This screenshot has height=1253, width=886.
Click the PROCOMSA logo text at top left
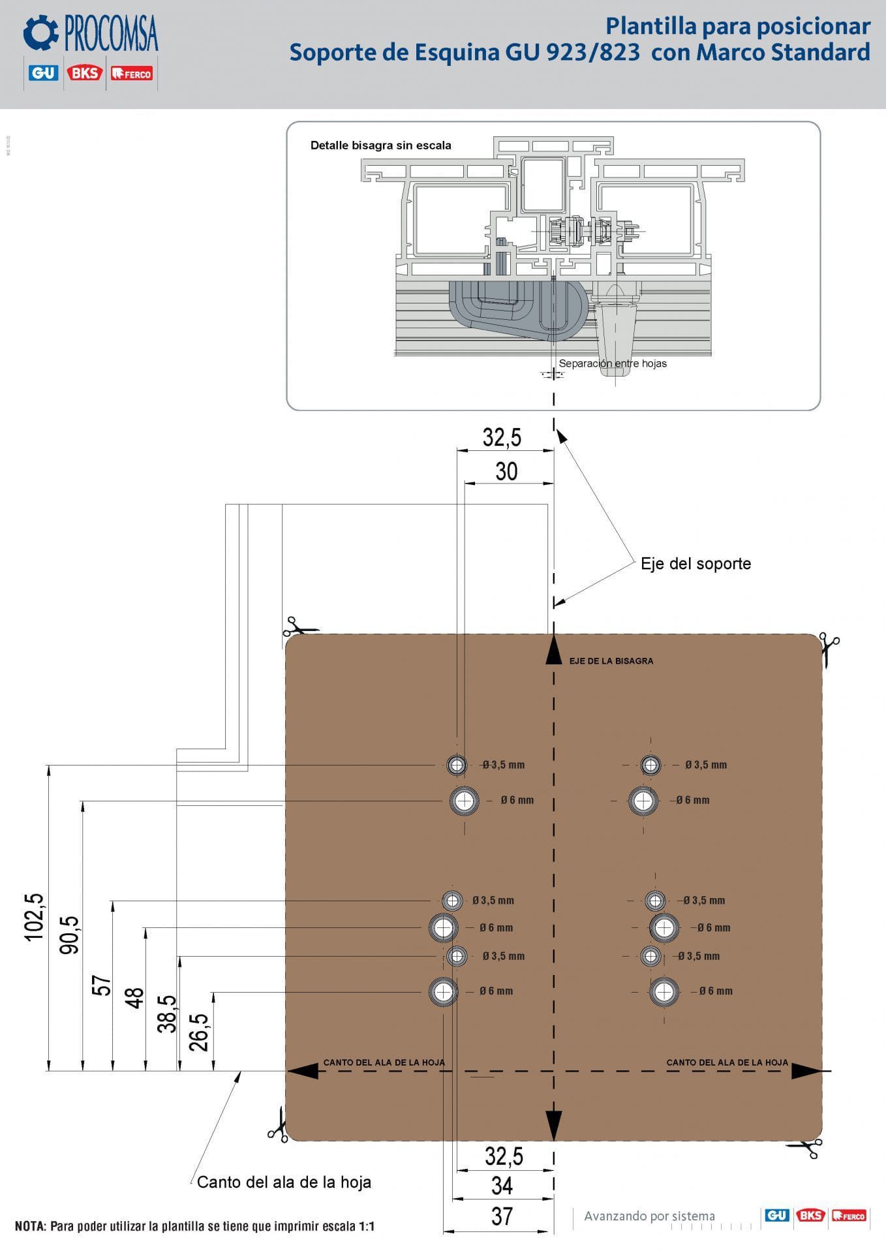coord(111,34)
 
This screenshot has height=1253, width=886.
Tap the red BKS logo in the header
coord(84,73)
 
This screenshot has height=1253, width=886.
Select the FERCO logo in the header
coord(131,74)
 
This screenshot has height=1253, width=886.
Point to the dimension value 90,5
coord(69,935)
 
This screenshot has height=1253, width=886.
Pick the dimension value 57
coord(102,985)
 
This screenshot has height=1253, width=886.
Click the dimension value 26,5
coord(198,1032)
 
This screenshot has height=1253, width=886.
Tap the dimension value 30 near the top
coord(506,471)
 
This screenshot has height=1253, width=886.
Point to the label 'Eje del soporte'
coord(695,564)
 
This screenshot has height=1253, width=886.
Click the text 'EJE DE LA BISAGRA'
coord(611,661)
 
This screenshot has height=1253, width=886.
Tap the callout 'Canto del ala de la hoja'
coord(284,1182)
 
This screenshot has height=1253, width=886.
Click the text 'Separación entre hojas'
coord(613,364)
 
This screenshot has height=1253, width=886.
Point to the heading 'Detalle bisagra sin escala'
coord(381,146)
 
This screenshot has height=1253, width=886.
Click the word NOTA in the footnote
coord(30,1226)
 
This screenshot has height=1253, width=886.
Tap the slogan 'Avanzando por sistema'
coord(649,1216)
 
